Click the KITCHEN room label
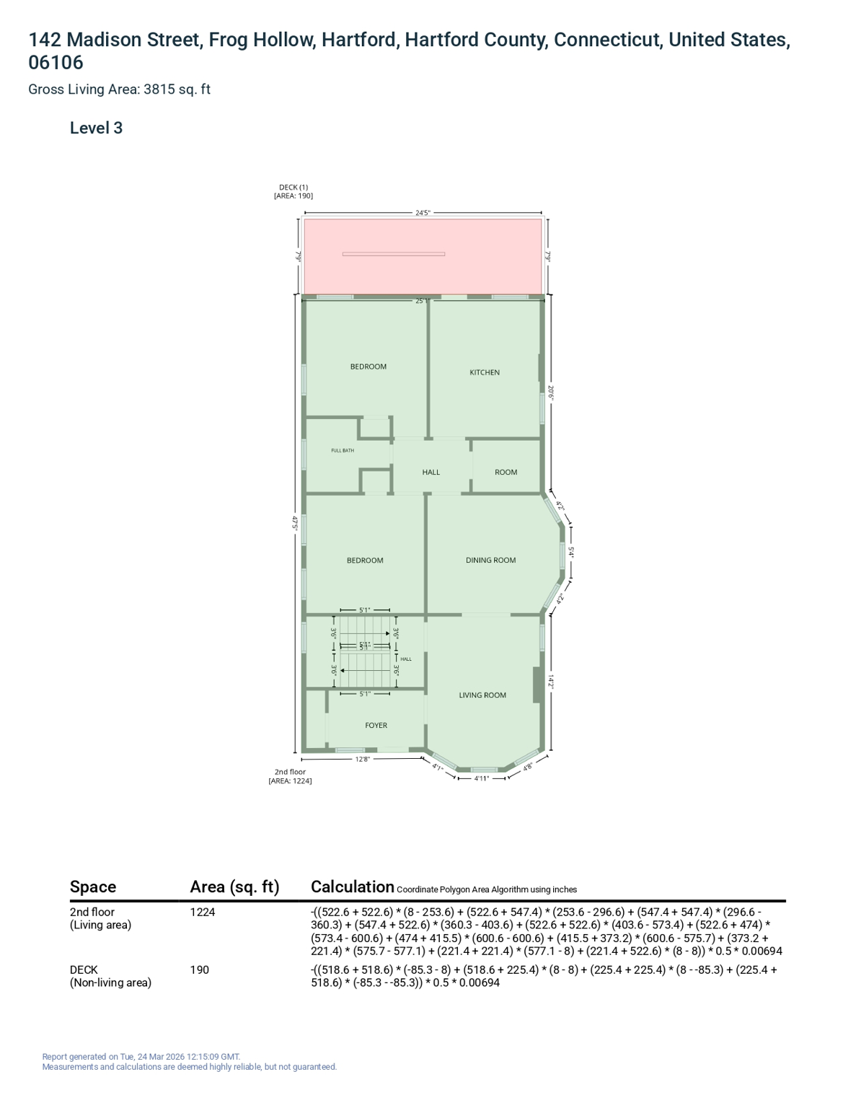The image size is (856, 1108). click(x=485, y=372)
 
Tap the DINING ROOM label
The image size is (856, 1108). click(x=490, y=560)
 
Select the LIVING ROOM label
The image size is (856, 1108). click(x=482, y=695)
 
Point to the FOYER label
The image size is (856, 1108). click(x=376, y=725)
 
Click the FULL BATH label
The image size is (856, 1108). click(x=343, y=450)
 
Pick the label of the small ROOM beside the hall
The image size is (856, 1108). click(x=506, y=472)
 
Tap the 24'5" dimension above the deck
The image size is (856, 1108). click(x=423, y=213)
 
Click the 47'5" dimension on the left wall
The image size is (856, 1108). click(x=294, y=523)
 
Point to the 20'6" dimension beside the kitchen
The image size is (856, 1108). click(x=550, y=392)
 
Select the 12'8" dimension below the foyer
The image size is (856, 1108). click(x=362, y=760)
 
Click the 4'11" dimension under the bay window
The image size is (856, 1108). click(x=482, y=778)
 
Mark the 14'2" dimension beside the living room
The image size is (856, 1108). click(x=550, y=682)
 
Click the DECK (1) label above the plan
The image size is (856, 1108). click(x=294, y=187)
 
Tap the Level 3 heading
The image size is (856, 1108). click(x=97, y=128)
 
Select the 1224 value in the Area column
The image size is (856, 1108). click(x=203, y=912)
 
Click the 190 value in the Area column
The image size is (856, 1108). click(x=200, y=969)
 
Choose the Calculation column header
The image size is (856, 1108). click(x=353, y=887)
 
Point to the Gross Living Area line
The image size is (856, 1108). click(x=119, y=89)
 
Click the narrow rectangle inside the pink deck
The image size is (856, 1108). click(x=394, y=254)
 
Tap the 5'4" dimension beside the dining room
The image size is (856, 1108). click(x=571, y=553)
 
